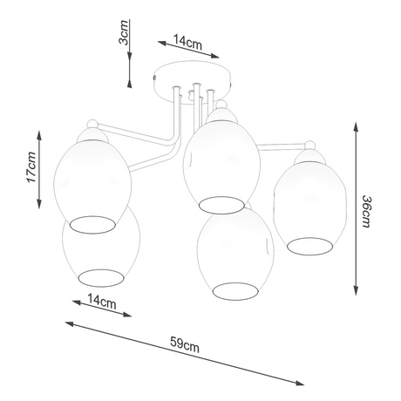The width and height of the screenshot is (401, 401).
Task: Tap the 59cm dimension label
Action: click(x=185, y=346)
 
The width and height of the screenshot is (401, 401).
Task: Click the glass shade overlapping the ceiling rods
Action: click(x=214, y=157)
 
